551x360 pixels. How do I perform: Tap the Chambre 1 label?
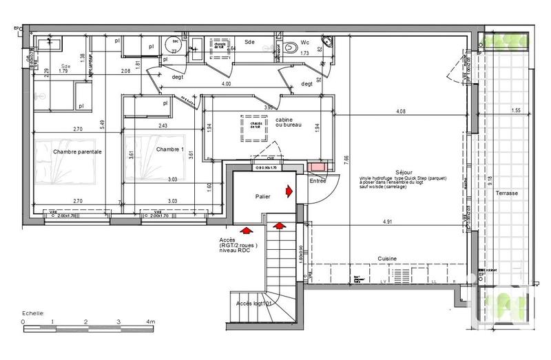169,150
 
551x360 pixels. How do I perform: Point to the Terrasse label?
506,194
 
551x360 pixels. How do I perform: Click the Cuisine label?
386,258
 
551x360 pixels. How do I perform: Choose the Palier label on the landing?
262,196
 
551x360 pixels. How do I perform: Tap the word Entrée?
318,181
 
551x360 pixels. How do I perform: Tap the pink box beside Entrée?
318,167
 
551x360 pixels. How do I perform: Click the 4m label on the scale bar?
151,321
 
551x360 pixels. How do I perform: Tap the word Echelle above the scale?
32,312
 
